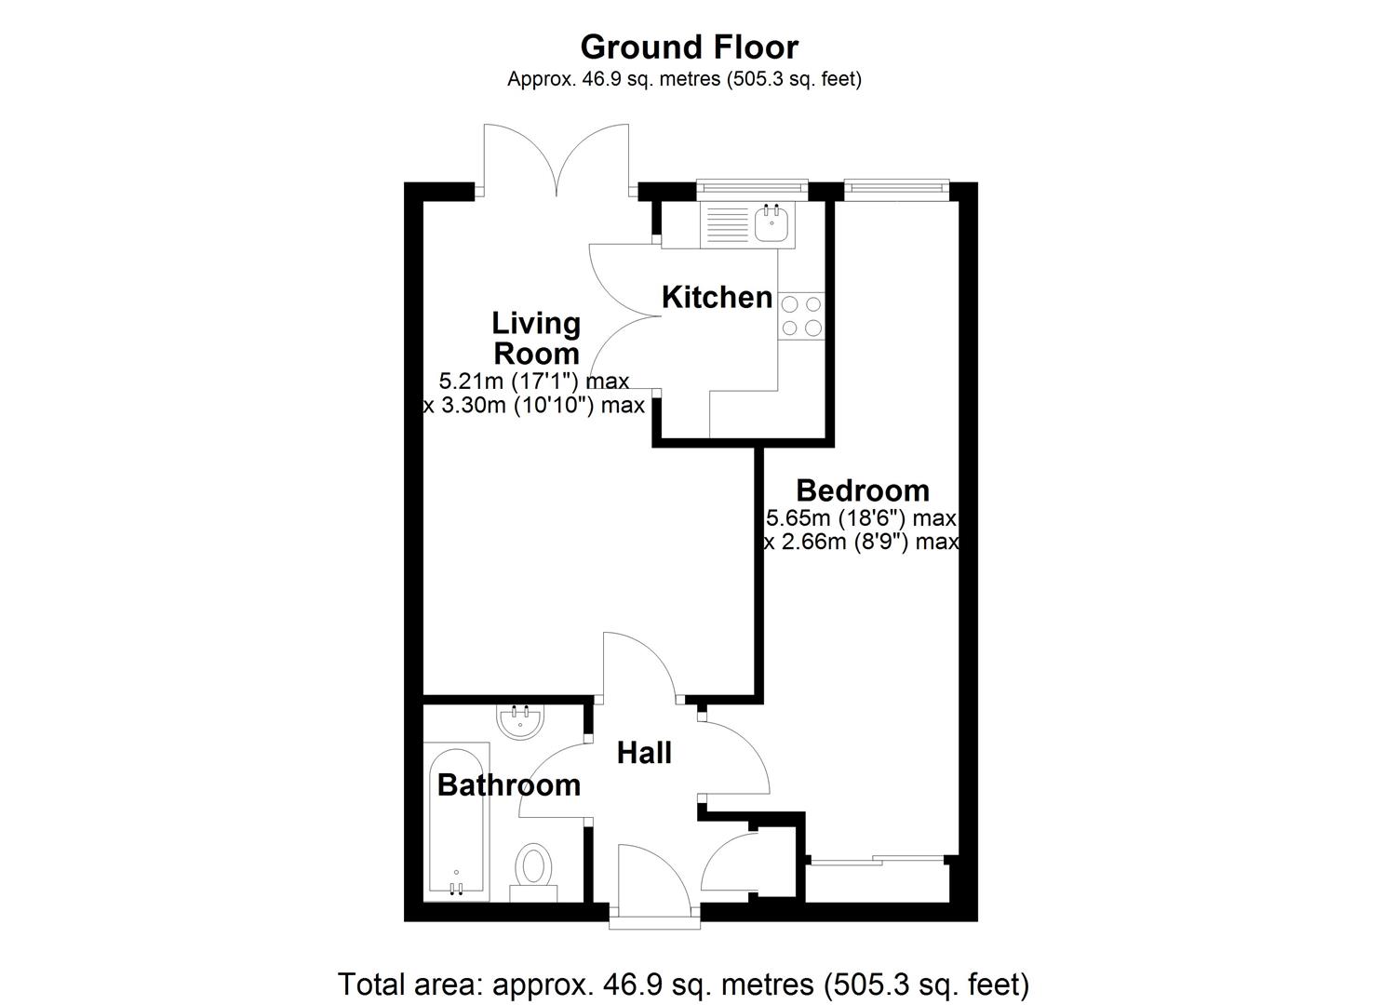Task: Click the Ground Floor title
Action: [689, 47]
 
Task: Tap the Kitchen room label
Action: [717, 297]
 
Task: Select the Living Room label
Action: [536, 338]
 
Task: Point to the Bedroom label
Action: [863, 489]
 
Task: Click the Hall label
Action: [644, 753]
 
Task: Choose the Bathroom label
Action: [508, 784]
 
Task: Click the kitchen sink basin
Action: [772, 224]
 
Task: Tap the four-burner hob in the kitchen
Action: [801, 315]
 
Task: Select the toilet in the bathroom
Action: [533, 868]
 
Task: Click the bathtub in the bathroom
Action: [457, 821]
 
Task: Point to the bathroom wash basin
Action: [520, 720]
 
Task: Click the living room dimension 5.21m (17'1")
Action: [533, 381]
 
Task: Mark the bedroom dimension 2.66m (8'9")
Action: [861, 542]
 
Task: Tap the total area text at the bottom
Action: [683, 984]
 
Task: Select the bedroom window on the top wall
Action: [895, 189]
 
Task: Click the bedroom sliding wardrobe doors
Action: [879, 861]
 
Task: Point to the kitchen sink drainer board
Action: [727, 225]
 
